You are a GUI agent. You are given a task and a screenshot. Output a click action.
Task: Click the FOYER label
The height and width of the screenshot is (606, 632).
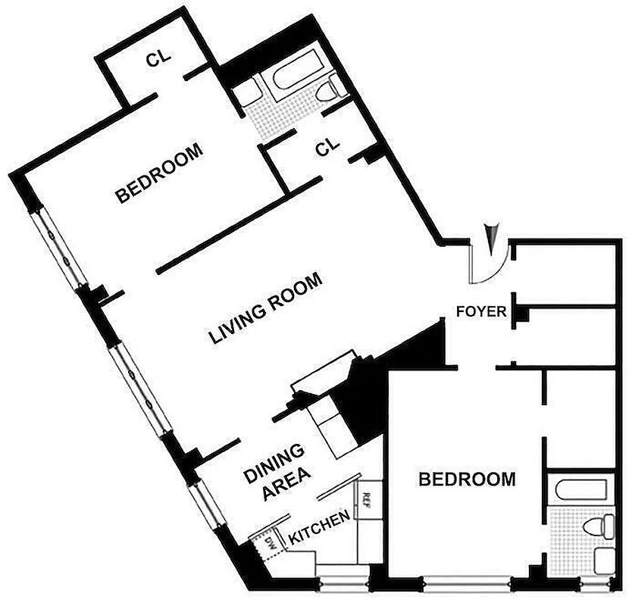tap(480, 311)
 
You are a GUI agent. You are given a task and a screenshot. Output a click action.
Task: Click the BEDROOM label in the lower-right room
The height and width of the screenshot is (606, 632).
tap(468, 479)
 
